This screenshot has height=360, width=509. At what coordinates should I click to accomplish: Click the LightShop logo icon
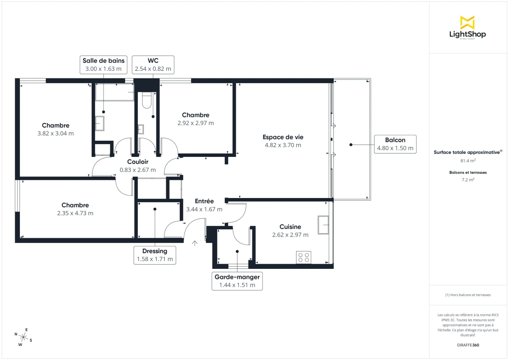click(x=467, y=22)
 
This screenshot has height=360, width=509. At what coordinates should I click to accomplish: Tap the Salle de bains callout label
click(x=103, y=64)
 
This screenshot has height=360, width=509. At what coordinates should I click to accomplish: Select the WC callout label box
click(x=153, y=64)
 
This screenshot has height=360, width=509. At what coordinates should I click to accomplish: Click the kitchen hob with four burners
click(x=304, y=257)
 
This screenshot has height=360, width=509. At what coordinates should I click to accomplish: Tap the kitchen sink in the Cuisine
click(x=324, y=224)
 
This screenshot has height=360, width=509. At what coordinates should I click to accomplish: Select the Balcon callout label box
click(x=395, y=144)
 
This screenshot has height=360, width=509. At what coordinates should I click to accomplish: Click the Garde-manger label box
click(x=237, y=281)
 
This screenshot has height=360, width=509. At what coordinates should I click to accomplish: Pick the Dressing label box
click(x=155, y=255)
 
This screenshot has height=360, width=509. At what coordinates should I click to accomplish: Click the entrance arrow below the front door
click(x=195, y=243)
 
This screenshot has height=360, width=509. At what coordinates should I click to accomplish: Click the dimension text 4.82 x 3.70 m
click(x=282, y=145)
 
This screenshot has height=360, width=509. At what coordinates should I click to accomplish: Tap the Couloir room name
click(x=138, y=162)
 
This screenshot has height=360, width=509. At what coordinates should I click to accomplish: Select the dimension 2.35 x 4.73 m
click(x=75, y=213)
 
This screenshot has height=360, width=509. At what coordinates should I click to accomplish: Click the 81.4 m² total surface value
click(x=468, y=161)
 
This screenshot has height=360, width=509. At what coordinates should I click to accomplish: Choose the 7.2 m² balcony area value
click(x=468, y=180)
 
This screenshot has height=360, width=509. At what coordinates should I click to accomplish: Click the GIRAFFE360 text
click(x=468, y=345)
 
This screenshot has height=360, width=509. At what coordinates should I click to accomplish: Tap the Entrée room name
click(x=204, y=201)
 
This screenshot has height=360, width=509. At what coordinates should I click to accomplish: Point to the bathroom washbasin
click(x=100, y=123)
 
